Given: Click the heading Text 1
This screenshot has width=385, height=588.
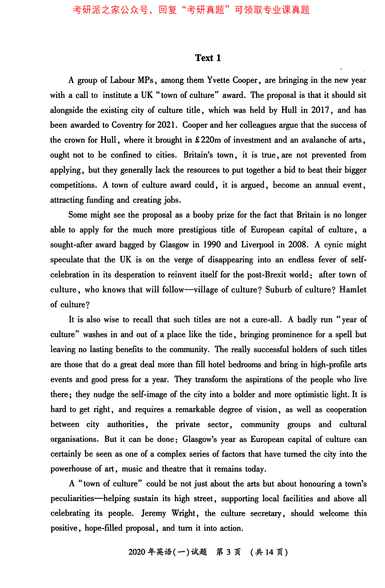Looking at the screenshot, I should pyautogui.click(x=208, y=58).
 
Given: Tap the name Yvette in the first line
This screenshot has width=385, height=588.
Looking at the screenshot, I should pyautogui.click(x=219, y=80).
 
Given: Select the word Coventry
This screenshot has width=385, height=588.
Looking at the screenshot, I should pyautogui.click(x=127, y=125).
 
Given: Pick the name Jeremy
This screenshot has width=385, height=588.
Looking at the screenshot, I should pyautogui.click(x=154, y=513).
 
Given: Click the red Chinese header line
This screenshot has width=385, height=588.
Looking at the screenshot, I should pyautogui.click(x=191, y=10).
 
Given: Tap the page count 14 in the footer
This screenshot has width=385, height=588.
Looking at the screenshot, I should pyautogui.click(x=269, y=552).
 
